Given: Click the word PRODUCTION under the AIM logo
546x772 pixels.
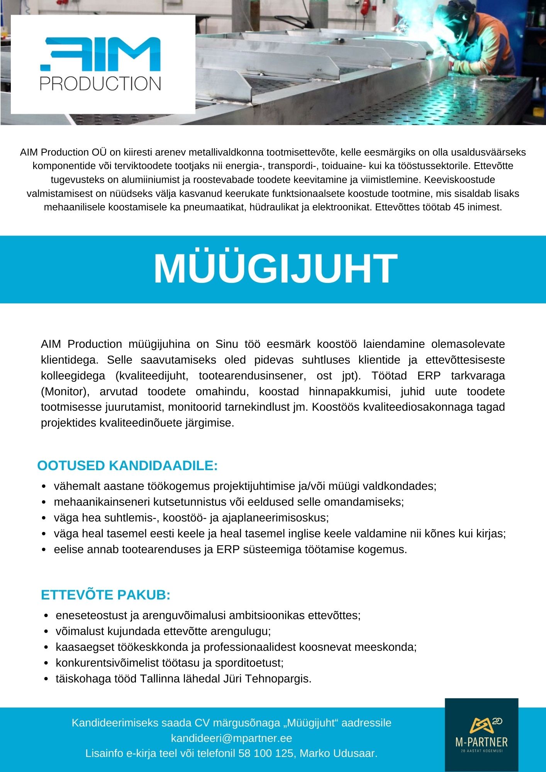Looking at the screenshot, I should [100, 83].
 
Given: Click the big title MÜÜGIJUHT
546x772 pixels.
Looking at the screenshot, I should [275, 269].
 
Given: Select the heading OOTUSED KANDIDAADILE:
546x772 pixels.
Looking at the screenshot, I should [127, 466].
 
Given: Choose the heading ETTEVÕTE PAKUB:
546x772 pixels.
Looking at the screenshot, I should [105, 595].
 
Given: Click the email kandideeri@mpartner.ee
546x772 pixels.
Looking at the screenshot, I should [231, 738].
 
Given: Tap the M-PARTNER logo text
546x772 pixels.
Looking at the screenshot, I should [482, 742].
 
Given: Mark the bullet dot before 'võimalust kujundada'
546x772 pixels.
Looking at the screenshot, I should [46, 631].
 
